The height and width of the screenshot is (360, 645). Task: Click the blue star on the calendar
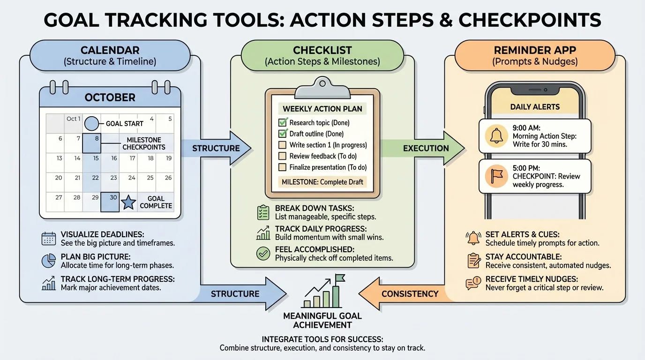coord(129,202)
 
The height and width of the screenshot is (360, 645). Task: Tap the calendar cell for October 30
coord(110,202)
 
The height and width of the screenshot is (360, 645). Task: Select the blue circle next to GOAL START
coord(91,124)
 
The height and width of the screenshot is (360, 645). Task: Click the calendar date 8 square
coord(92,143)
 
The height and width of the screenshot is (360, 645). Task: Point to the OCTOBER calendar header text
coord(110,97)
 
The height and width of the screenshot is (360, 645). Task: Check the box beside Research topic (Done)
coord(283,123)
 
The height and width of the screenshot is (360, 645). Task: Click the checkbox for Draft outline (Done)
coord(283,134)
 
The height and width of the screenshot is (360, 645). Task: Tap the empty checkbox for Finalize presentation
coord(283,167)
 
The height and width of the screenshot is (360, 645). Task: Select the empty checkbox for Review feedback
coord(283,156)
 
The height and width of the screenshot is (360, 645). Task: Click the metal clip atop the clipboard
coord(322,85)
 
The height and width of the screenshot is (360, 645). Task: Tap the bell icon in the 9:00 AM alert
coord(496,136)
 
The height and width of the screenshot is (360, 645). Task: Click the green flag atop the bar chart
coord(339,278)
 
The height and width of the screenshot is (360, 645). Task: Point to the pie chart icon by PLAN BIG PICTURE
coord(49,261)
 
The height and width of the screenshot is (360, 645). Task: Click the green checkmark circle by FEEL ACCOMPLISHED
coord(263,254)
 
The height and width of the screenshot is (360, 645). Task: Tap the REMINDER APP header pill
coord(535,55)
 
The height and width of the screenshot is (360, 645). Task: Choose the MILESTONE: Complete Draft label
coord(322,182)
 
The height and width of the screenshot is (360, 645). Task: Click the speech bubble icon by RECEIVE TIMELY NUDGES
coord(473,283)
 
